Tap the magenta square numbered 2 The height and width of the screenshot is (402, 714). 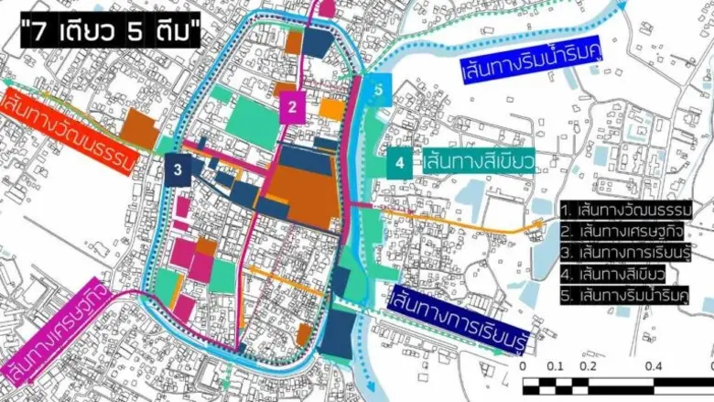292,108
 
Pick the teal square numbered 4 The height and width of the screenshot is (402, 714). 399,164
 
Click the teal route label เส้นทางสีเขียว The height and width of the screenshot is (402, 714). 476,164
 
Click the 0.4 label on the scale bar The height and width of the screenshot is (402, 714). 653,366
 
